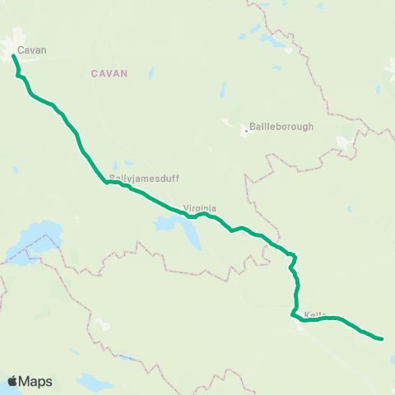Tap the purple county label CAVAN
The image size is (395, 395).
109,73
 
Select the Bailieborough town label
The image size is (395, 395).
281,128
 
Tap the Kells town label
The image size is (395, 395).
315,315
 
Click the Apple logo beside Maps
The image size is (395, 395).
12,381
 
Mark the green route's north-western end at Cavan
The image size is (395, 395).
14,56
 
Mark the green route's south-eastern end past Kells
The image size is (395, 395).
382,338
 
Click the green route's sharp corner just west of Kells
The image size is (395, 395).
292,314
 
